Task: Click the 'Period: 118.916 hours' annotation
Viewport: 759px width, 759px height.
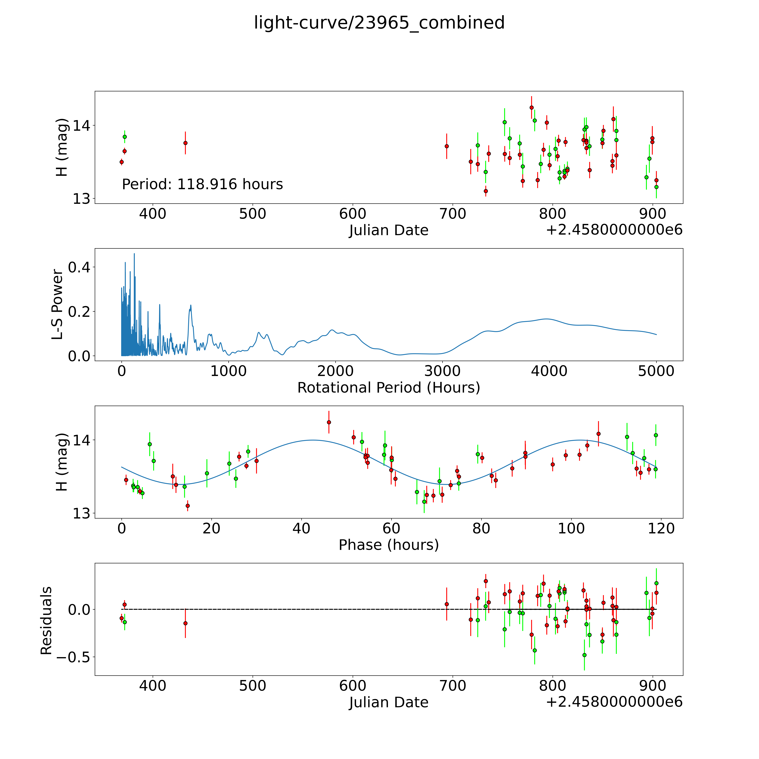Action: [202, 184]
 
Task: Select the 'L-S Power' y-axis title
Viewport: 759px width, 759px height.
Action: [57, 304]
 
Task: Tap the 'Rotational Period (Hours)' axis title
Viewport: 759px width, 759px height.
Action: [388, 388]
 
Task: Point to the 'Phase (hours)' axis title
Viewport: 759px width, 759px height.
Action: [388, 545]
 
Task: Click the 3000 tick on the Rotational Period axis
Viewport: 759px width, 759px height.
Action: [442, 371]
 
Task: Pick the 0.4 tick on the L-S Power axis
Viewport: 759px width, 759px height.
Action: [79, 267]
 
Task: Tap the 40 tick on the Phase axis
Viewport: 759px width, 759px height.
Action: [301, 528]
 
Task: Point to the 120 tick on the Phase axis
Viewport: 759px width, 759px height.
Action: [661, 528]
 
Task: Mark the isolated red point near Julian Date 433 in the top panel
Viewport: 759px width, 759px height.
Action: [185, 143]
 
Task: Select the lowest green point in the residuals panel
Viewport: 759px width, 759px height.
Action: [584, 655]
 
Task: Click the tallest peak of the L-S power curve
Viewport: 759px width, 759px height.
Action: [134, 254]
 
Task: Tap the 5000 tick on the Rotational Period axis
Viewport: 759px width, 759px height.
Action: [656, 371]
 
